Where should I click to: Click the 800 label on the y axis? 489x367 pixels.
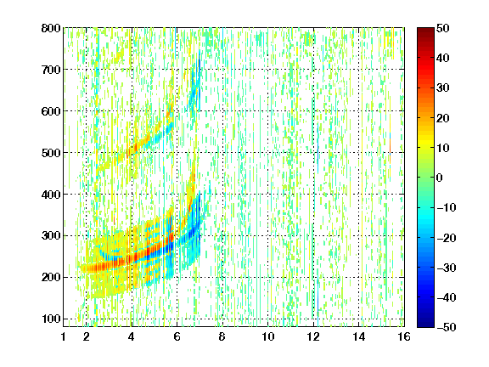tap(51, 28)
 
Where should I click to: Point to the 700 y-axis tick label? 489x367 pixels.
tap(51, 70)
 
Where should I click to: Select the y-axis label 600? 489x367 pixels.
tap(51, 111)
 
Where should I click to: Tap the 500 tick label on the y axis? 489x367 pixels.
tap(51, 153)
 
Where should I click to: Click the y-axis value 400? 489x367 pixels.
tap(51, 194)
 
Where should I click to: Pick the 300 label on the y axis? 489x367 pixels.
tap(51, 235)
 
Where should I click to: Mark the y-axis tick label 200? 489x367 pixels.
tap(51, 277)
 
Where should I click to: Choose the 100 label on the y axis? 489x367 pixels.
tap(51, 319)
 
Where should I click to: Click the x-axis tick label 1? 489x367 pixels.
tap(64, 336)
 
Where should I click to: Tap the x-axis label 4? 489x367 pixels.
tap(132, 336)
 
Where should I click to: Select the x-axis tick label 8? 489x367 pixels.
tap(222, 336)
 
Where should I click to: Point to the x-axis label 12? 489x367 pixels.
tap(313, 336)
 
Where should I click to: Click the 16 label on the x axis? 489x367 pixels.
tap(404, 336)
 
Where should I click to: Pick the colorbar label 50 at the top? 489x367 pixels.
tap(443, 28)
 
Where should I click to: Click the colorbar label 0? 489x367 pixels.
tap(440, 178)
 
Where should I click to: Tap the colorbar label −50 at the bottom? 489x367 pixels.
tap(446, 327)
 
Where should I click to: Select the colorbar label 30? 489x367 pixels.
tap(443, 88)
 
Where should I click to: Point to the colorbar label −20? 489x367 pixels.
tap(446, 238)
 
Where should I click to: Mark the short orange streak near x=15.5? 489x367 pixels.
tap(390, 146)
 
